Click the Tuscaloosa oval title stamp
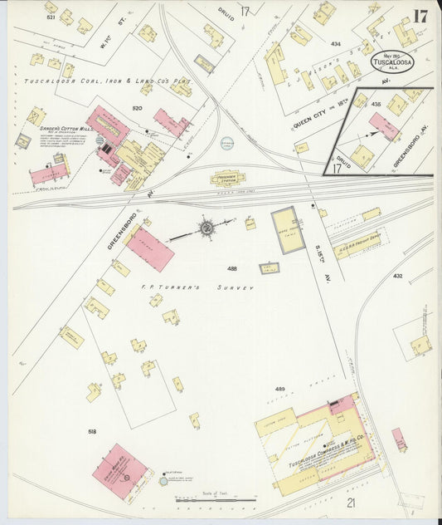[392, 61]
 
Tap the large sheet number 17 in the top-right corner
[420, 17]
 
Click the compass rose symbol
[206, 227]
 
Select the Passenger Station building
[227, 177]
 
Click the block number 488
[231, 268]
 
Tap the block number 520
[136, 109]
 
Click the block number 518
[91, 432]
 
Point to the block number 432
[397, 275]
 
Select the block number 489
[279, 389]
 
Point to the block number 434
[335, 43]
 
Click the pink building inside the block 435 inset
[383, 126]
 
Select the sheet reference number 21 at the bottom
[351, 503]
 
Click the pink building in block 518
[119, 471]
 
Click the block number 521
[51, 17]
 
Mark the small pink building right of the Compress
[399, 439]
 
